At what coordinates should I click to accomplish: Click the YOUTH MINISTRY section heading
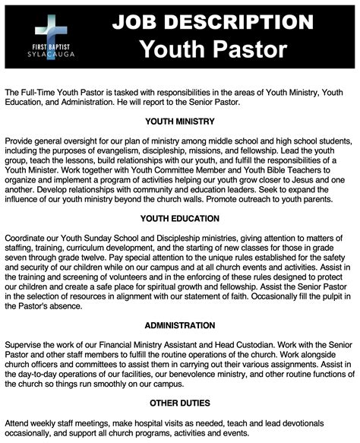181,120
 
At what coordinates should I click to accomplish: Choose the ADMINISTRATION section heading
181,325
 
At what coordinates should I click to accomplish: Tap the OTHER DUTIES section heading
181,402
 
